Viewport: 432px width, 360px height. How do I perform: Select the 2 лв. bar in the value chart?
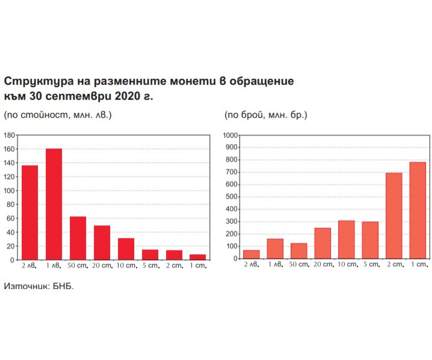(29, 212)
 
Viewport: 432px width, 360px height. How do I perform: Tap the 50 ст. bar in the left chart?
(78, 238)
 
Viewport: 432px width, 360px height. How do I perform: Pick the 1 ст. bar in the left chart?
(197, 257)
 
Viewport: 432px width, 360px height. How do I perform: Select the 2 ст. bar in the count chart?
(393, 216)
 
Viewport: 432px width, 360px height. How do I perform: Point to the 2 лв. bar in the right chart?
(251, 254)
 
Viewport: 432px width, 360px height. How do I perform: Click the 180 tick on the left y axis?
(10, 135)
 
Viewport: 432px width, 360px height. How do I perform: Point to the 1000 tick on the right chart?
(231, 135)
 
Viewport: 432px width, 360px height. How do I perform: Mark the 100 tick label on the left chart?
(10, 191)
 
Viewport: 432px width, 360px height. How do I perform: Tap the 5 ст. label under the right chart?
(370, 265)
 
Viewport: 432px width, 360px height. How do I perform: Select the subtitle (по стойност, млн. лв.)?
(58, 114)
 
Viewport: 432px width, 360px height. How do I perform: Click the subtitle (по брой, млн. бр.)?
(266, 114)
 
